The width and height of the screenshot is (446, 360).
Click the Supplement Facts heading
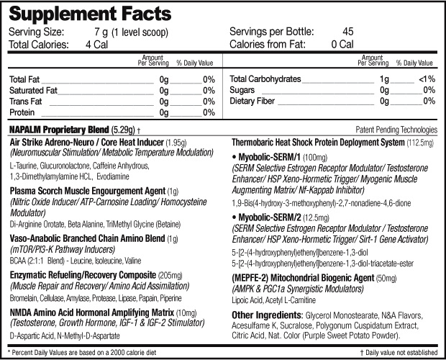(90, 14)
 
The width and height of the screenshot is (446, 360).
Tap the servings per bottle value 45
(348, 31)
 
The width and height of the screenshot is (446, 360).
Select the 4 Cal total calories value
(96, 45)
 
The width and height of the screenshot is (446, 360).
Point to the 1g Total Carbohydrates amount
(384, 78)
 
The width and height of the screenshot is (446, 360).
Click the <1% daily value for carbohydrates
(427, 78)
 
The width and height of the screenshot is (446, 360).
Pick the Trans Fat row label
(26, 102)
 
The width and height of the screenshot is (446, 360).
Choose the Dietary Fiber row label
(252, 101)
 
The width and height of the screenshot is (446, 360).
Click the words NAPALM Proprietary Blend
(59, 130)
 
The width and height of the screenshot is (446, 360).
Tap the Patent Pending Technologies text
(396, 130)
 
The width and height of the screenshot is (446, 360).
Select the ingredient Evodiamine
(113, 176)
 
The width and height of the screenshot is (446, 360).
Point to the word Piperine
(170, 298)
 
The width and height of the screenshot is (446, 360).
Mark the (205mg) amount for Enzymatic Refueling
(170, 276)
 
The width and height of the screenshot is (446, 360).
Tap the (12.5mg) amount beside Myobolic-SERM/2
(316, 218)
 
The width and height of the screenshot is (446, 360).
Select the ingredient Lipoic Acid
(247, 300)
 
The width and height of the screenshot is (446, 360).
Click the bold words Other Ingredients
(266, 315)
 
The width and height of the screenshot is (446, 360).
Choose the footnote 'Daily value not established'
(401, 353)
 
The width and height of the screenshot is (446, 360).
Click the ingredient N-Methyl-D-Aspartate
(88, 336)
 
